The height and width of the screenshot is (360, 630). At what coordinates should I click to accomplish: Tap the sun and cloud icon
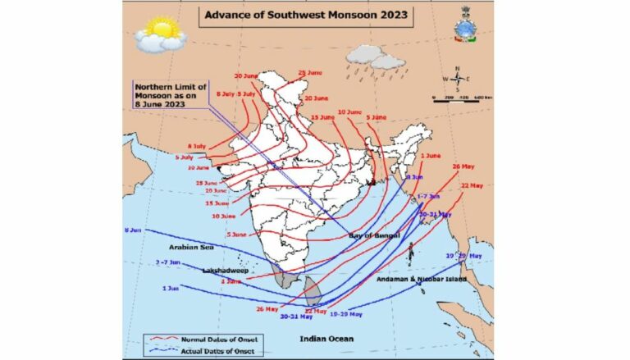[160, 34]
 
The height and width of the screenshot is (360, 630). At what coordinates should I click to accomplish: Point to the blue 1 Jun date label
[171, 288]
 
